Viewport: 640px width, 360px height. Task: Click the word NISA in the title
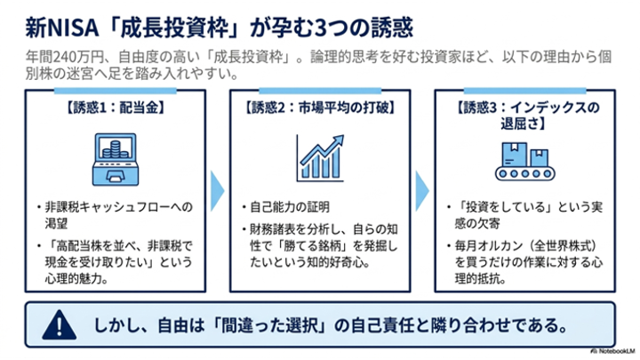click(x=73, y=28)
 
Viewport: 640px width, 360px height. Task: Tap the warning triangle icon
click(x=60, y=325)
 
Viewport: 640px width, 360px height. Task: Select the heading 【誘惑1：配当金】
click(x=116, y=108)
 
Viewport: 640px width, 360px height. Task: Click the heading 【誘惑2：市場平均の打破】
click(x=320, y=108)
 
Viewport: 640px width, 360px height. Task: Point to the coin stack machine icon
click(x=116, y=159)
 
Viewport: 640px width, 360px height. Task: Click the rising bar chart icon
click(x=320, y=158)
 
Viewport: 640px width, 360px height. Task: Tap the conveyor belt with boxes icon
click(x=525, y=162)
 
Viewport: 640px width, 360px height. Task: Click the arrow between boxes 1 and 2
click(x=217, y=191)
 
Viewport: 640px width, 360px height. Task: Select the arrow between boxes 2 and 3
click(x=422, y=191)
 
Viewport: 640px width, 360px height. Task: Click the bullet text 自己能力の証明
click(x=290, y=207)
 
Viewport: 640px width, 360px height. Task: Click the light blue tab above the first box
click(x=116, y=91)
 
